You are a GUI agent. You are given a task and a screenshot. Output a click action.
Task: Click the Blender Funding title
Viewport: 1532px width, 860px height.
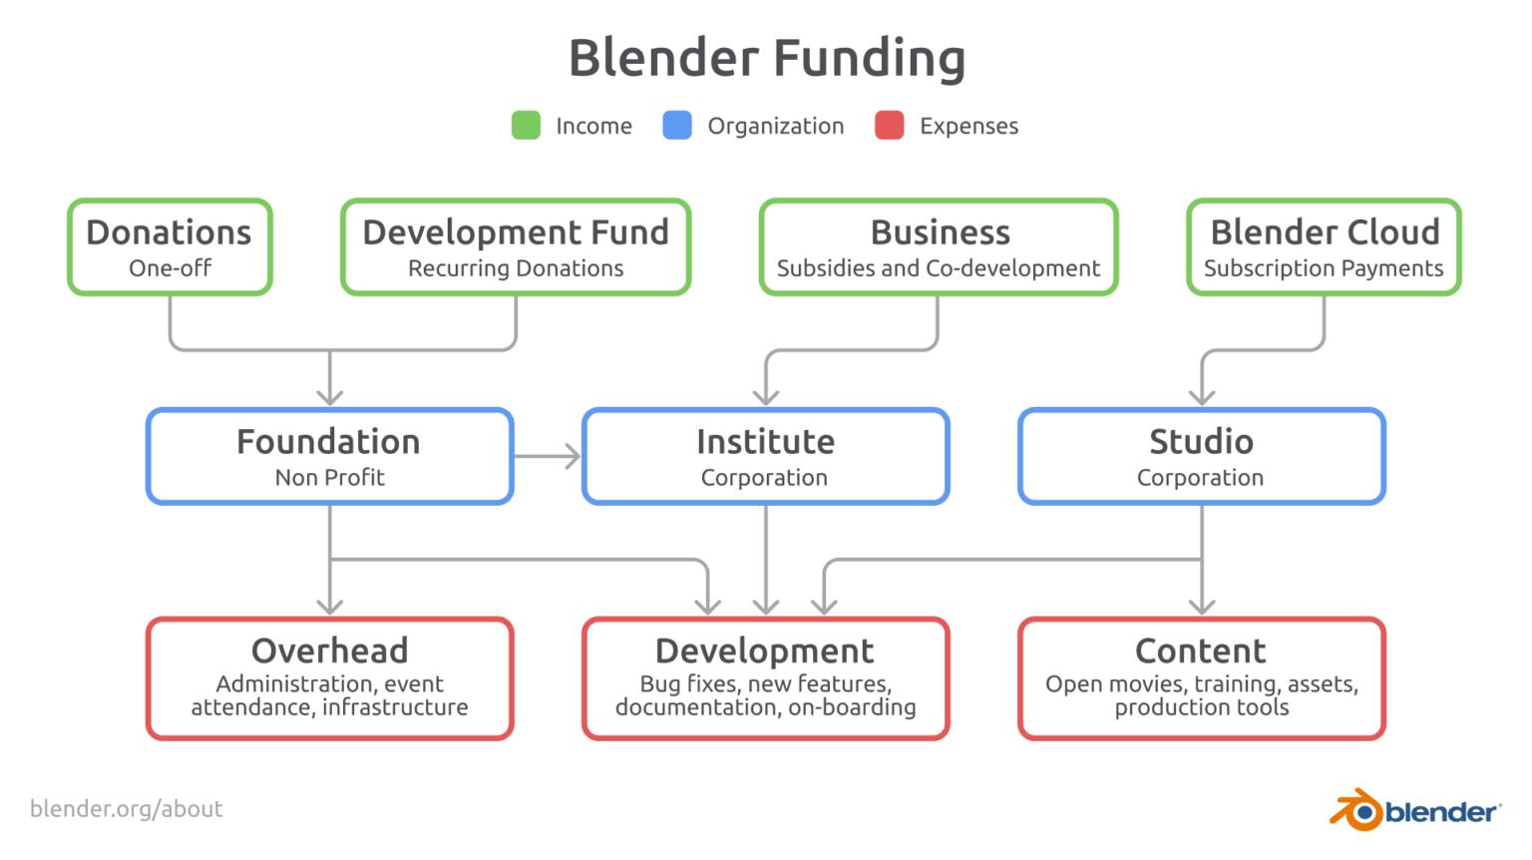coord(766,58)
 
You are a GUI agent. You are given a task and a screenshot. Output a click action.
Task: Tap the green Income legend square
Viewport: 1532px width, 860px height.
coord(526,126)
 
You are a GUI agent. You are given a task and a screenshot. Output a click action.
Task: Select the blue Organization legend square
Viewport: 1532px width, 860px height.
coord(677,126)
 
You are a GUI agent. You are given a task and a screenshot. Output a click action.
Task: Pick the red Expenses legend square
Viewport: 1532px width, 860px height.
coord(889,126)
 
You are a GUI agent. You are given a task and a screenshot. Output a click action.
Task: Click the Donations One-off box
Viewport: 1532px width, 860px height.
coord(170,247)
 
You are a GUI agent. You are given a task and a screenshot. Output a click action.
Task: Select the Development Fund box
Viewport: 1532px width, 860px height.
coord(516,247)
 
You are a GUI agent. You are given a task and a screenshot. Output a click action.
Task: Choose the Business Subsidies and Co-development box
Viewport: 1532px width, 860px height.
coord(939,247)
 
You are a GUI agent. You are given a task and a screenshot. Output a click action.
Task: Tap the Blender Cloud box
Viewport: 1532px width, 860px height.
coord(1324,247)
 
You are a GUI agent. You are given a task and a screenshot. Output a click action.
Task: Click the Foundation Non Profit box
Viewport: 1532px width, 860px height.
coord(329,456)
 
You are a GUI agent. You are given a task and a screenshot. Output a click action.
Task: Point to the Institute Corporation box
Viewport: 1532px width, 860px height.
coord(765,456)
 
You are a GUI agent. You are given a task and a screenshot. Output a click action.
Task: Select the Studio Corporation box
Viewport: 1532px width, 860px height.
coord(1201,456)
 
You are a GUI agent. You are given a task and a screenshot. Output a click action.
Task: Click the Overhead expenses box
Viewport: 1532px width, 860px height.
coord(329,678)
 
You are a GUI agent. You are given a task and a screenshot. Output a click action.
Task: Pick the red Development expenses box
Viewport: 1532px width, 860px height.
coord(765,678)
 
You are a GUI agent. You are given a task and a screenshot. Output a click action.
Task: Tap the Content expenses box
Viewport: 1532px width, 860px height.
coord(1201,678)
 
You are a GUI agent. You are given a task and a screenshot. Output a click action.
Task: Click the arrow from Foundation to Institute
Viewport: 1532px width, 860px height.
coord(548,457)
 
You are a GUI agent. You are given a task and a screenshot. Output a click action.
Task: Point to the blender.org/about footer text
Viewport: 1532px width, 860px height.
coord(127,809)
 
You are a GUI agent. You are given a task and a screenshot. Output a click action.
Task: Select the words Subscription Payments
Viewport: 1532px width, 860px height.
coord(1324,268)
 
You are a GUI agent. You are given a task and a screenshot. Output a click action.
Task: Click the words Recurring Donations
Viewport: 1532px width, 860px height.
coord(516,268)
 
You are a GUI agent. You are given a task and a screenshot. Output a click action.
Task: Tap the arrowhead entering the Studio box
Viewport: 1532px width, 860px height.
coord(1202,396)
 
